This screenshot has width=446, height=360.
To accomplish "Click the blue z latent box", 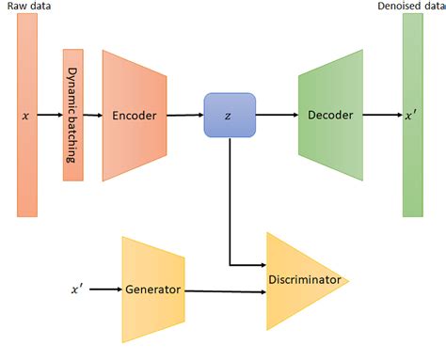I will (x=230, y=115).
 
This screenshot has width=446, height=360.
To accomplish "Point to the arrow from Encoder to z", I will (x=186, y=115).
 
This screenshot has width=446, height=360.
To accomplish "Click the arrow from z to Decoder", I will (x=277, y=115).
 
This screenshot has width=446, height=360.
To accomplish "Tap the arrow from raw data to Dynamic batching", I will (x=51, y=115).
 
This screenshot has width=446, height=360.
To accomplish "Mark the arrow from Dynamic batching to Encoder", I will (x=93, y=115).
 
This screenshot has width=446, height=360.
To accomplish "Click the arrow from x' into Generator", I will (x=106, y=290).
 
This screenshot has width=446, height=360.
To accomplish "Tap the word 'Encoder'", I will (x=134, y=116).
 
